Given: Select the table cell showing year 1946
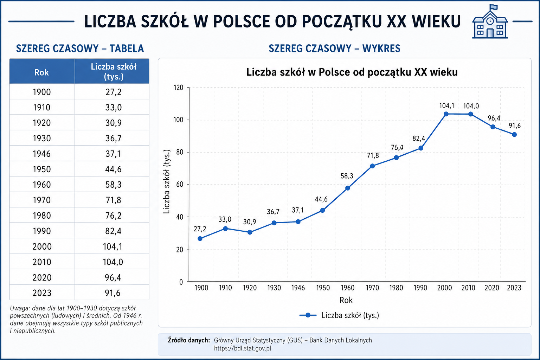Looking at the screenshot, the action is pyautogui.click(x=42, y=154).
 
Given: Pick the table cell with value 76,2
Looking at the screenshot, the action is pyautogui.click(x=113, y=215).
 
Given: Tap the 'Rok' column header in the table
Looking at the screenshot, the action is pyautogui.click(x=42, y=72).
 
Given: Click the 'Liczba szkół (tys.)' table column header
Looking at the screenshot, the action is pyautogui.click(x=113, y=72).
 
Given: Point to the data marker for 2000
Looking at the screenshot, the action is pyautogui.click(x=446, y=114).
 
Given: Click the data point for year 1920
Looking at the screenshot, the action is pyautogui.click(x=250, y=232).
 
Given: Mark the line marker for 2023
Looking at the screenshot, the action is pyautogui.click(x=514, y=135).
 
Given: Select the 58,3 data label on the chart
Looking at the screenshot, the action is pyautogui.click(x=347, y=176).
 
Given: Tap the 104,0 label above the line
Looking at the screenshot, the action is pyautogui.click(x=471, y=106).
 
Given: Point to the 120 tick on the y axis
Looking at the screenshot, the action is pyautogui.click(x=178, y=88).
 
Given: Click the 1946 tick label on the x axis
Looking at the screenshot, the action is pyautogui.click(x=298, y=288).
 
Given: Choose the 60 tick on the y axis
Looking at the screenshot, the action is pyautogui.click(x=180, y=185).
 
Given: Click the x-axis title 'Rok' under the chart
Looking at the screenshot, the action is pyautogui.click(x=346, y=300).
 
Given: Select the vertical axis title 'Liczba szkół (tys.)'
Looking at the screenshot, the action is pyautogui.click(x=166, y=181).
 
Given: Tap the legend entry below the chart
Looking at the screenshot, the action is pyautogui.click(x=339, y=315).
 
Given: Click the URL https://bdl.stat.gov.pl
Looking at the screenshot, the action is pyautogui.click(x=243, y=348).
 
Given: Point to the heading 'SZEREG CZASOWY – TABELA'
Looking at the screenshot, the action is pyautogui.click(x=80, y=49).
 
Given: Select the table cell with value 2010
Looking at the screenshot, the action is pyautogui.click(x=42, y=262).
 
